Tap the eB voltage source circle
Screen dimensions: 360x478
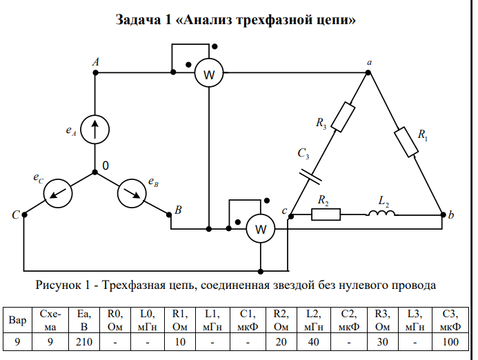point(131,193)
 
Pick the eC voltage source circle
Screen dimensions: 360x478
point(57,194)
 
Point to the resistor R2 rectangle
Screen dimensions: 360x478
point(326,214)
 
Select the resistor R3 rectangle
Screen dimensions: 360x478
point(343,117)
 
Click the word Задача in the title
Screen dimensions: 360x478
point(139,20)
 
